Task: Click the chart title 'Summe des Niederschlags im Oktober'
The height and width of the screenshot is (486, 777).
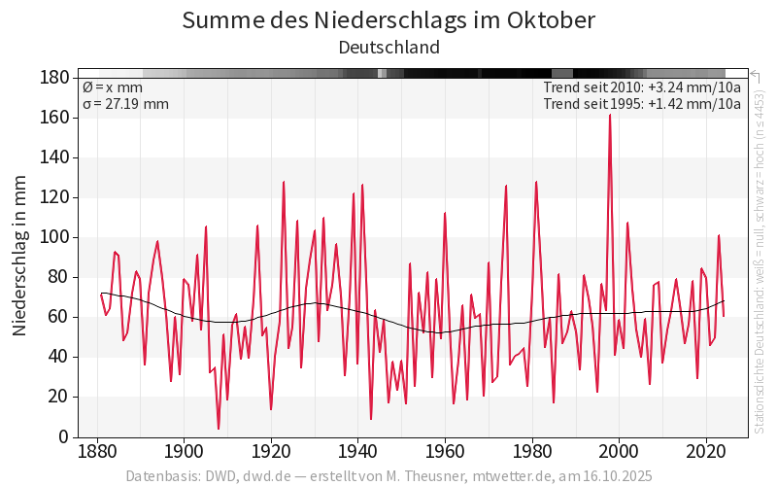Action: click(388, 19)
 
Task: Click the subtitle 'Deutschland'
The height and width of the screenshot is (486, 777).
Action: click(388, 47)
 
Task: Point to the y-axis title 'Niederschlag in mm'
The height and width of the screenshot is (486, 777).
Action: click(19, 257)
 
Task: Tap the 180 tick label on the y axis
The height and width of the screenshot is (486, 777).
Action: click(54, 78)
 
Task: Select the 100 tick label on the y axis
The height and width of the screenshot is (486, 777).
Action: click(54, 237)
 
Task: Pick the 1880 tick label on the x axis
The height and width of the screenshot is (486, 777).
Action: click(96, 453)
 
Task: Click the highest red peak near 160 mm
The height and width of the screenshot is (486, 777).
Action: click(610, 116)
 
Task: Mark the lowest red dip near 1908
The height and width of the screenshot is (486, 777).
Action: click(219, 429)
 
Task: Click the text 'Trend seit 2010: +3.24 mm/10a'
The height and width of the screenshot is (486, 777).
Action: click(642, 87)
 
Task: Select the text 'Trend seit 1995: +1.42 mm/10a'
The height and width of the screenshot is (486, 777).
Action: click(642, 104)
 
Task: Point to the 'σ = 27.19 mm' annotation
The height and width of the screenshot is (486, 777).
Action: click(125, 104)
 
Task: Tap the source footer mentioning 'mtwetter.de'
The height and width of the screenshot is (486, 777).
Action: click(388, 476)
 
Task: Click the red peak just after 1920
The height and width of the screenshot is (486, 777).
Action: click(284, 182)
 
